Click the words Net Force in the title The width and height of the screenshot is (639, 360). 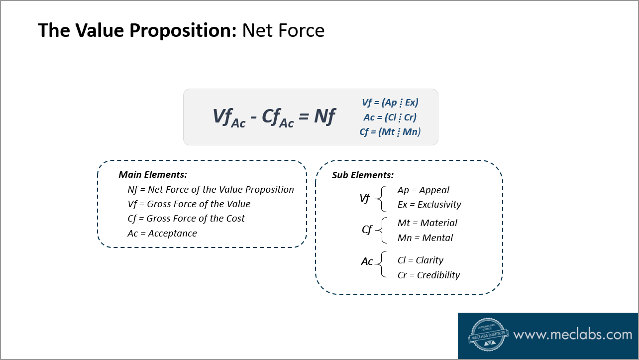coord(283,31)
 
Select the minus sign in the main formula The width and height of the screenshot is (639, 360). coord(254,118)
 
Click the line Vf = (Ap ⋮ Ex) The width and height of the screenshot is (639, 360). coord(390,103)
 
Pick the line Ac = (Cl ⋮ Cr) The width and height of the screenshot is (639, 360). coord(390,118)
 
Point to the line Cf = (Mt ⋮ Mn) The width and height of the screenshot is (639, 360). coord(390,132)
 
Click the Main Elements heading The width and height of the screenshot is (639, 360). coord(153,175)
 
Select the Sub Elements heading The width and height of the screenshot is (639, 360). coord(363,175)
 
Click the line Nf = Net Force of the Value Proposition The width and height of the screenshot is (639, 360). coord(211,190)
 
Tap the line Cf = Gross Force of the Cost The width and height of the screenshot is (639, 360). coord(186,219)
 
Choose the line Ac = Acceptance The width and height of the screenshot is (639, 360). coord(162,234)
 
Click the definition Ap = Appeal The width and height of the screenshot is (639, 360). coord(423,190)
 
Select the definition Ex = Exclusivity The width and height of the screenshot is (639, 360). coord(429,205)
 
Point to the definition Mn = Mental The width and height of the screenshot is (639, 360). coord(425,238)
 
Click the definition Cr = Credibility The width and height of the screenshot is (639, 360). coord(428,275)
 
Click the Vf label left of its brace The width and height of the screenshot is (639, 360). coord(365,198)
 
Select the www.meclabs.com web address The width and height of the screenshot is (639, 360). coord(572,335)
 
